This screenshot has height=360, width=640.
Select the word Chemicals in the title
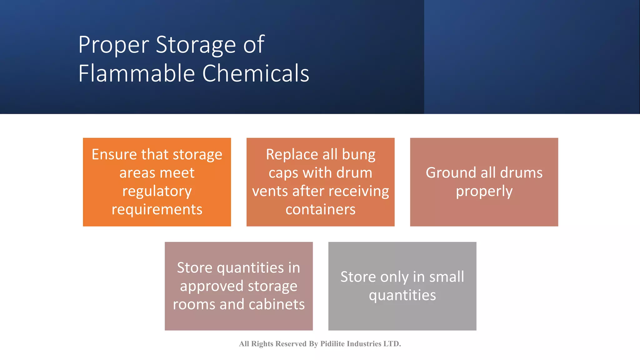click(256, 74)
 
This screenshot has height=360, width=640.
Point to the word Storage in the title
click(196, 45)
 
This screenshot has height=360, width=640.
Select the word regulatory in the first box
click(157, 191)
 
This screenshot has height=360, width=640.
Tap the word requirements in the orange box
click(157, 209)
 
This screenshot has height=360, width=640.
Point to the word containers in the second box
click(320, 209)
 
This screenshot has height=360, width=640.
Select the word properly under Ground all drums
click(484, 191)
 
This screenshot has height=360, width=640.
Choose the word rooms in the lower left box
click(193, 304)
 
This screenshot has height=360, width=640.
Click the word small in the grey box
click(447, 277)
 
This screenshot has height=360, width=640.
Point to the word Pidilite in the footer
click(332, 344)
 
